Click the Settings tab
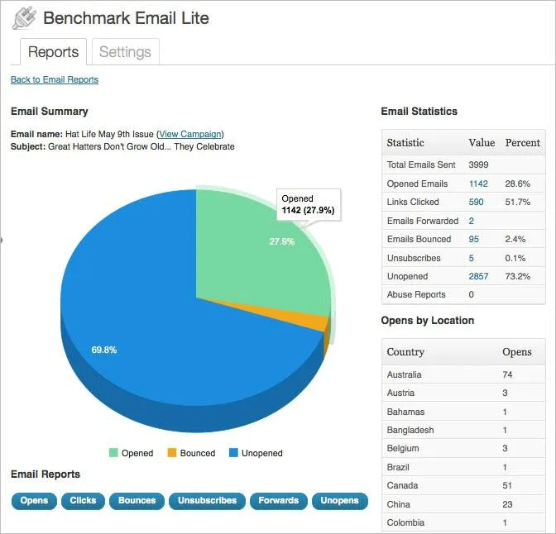pos(124,52)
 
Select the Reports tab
pos(54,52)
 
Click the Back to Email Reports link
pos(55,80)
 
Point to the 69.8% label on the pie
pos(103,350)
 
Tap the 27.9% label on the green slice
pos(281,242)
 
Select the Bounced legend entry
pos(191,453)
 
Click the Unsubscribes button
pos(207,500)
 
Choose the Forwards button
pos(278,500)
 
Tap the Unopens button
pos(339,500)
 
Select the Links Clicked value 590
pos(476,202)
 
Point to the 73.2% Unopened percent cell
pos(517,276)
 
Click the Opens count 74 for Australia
pos(508,374)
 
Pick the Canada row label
pos(403,485)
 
